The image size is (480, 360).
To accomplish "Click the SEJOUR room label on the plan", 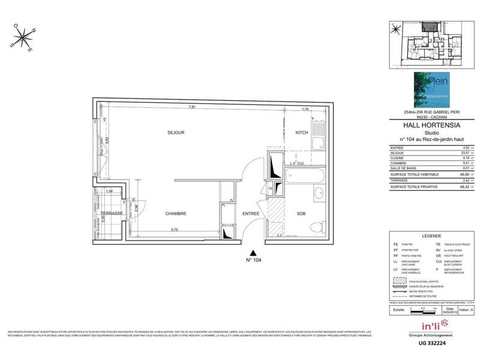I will [176, 132].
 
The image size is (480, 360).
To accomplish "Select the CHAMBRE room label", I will [176, 214].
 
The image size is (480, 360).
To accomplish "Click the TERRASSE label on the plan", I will [112, 214].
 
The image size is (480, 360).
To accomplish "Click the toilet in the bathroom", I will [317, 226].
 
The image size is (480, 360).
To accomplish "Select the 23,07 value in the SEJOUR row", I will [464, 154].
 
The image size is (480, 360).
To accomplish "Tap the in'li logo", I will [425, 326].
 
